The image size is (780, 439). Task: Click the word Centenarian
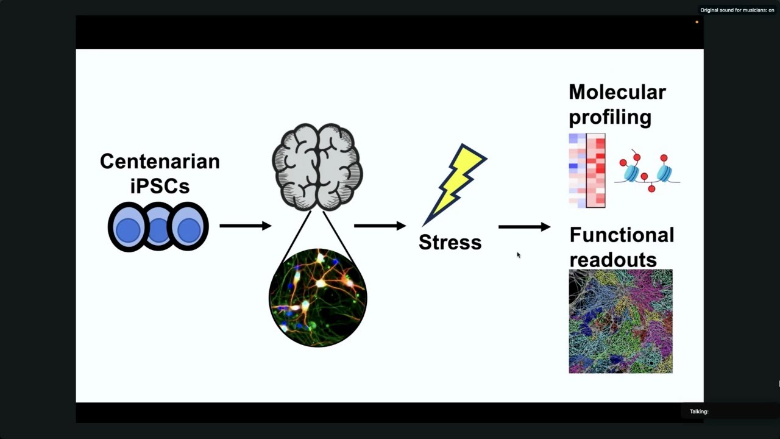(x=160, y=162)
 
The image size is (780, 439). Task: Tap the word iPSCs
(x=160, y=186)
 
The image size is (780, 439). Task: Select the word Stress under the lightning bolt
(x=450, y=242)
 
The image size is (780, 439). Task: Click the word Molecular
(x=617, y=92)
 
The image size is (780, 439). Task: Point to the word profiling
(x=610, y=118)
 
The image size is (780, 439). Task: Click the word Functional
(x=622, y=235)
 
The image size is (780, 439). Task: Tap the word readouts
(x=613, y=260)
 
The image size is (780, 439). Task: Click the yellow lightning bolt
(x=455, y=185)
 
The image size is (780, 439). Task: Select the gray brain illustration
(x=317, y=167)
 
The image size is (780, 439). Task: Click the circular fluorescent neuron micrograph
(x=318, y=298)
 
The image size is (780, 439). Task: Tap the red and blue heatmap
(x=587, y=170)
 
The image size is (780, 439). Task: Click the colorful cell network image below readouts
(x=620, y=321)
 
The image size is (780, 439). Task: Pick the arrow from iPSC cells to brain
(x=246, y=226)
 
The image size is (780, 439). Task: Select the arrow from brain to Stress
(x=380, y=226)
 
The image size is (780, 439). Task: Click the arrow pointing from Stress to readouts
(x=525, y=227)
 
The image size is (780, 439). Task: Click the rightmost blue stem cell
(x=188, y=226)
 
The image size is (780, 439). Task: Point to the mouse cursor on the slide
(x=519, y=255)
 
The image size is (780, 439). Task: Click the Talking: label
(x=699, y=412)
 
